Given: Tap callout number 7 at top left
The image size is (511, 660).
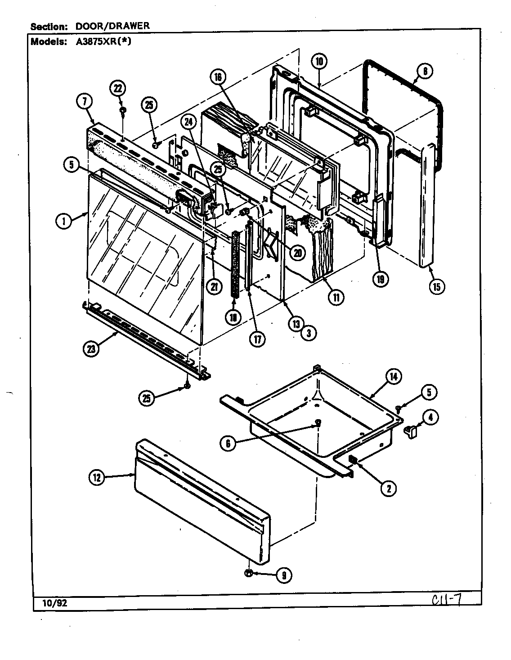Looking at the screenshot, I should pos(83,102).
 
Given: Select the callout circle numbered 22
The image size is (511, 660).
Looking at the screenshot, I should pos(118,88).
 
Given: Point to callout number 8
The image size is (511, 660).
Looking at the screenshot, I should pos(424,71).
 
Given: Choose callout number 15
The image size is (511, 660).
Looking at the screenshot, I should pos(436,286).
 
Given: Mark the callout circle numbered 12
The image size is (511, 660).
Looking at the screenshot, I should pos(97,478).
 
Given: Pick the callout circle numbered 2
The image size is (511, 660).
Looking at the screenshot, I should pos(388,488).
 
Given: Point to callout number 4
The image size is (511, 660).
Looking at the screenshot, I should pos(430,417).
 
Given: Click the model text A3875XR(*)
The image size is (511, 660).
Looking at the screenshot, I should pos(101,41).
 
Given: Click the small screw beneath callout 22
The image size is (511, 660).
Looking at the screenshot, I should pos(122,110).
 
